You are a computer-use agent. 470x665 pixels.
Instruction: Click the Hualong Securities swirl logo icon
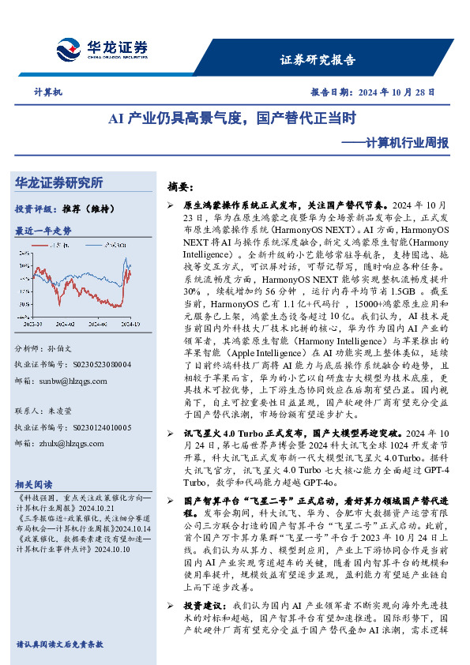70,50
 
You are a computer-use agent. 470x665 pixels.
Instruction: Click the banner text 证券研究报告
318,60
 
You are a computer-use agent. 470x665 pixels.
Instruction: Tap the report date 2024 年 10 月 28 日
395,92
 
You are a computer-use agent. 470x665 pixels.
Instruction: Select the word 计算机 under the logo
49,92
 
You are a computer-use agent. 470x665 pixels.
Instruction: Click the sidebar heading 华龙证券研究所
58,183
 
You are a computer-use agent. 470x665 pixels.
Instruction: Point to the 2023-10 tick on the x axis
34,324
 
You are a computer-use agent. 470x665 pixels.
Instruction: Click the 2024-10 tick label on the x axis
132,324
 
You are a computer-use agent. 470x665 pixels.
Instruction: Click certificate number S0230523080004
95,365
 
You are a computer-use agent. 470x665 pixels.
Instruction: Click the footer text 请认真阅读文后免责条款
59,644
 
